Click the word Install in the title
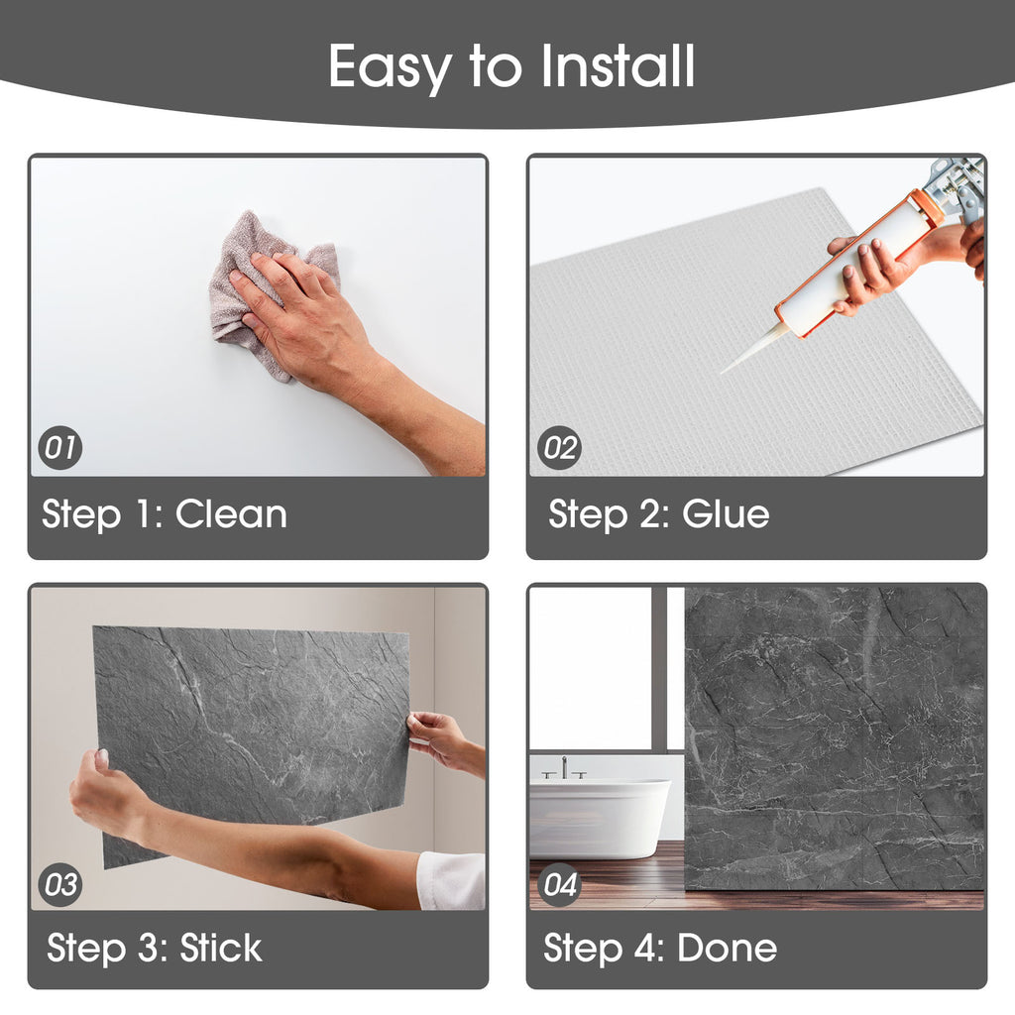tap(618, 65)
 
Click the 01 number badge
tap(60, 447)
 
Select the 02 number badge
tap(560, 447)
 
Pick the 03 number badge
tap(60, 884)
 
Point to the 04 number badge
tap(560, 884)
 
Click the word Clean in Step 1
tap(231, 514)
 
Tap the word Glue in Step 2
tap(726, 514)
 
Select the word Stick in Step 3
tap(221, 948)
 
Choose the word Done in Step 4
tap(727, 948)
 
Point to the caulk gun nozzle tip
tap(723, 373)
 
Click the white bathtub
tap(600, 818)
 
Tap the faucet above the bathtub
tap(564, 768)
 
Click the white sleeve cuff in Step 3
tap(451, 880)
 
